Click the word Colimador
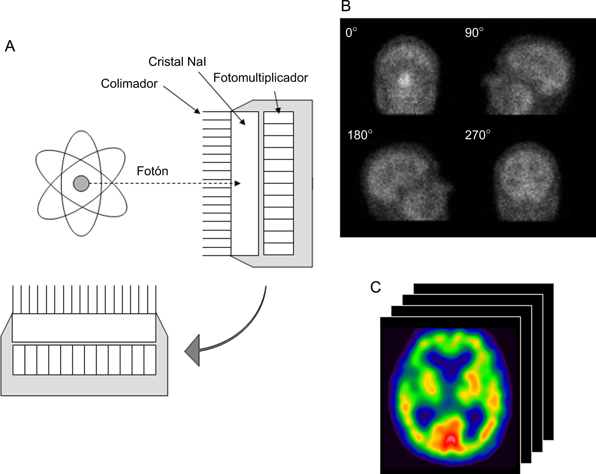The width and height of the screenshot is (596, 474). tap(129, 84)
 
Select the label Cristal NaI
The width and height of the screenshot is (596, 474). tap(177, 62)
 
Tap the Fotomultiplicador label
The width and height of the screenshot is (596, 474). tap(260, 78)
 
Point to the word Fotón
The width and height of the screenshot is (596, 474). tap(152, 171)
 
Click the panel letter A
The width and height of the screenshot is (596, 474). tap(10, 46)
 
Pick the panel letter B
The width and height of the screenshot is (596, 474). tap(346, 6)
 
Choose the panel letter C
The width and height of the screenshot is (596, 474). tap(375, 287)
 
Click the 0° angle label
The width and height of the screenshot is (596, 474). tap(351, 33)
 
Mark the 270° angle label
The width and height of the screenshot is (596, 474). tap(478, 135)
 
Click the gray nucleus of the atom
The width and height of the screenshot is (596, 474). tap(81, 183)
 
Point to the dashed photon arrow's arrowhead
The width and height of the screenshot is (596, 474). tap(237, 183)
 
